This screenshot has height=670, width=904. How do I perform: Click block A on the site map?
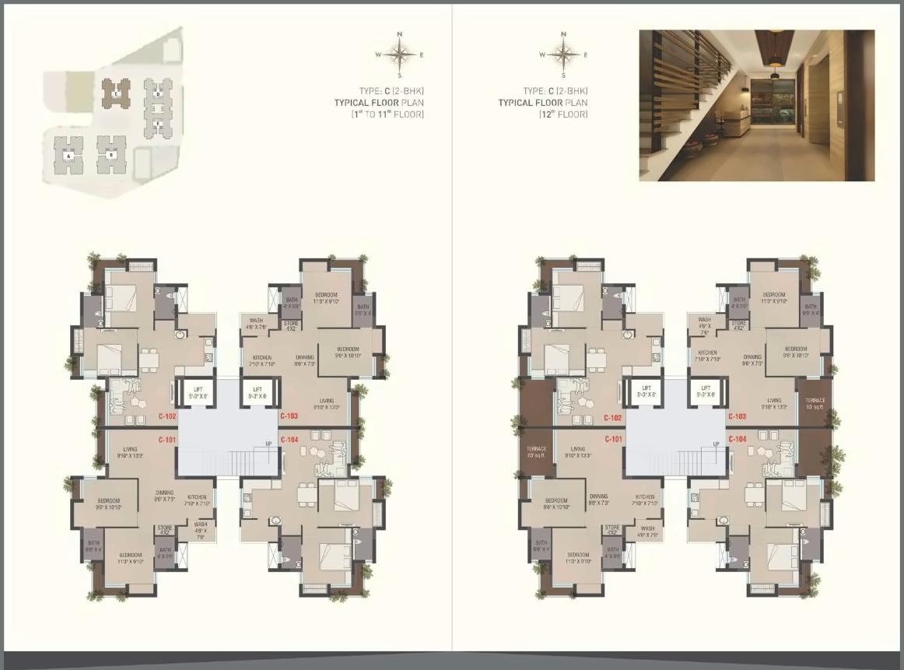[68, 155]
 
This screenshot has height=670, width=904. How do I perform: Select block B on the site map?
[111, 154]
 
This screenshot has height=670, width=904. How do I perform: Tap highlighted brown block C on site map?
[116, 93]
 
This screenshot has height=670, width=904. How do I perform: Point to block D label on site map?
[158, 94]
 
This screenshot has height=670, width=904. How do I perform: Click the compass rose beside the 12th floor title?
[562, 54]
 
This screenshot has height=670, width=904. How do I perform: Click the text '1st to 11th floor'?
[389, 114]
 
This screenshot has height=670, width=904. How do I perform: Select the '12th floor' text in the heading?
[563, 114]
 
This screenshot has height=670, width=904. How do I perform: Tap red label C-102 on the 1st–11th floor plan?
[168, 416]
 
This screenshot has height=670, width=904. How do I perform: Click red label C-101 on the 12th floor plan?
[614, 439]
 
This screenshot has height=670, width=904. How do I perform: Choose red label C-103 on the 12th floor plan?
[737, 416]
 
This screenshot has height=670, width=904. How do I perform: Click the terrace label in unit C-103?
[815, 403]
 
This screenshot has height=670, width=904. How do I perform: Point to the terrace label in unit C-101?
[536, 452]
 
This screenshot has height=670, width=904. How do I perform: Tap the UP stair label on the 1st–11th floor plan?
[268, 443]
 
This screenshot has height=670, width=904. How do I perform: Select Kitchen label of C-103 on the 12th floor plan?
[707, 356]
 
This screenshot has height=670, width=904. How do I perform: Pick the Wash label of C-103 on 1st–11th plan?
[257, 324]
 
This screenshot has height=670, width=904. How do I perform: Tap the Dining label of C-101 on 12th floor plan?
[598, 499]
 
